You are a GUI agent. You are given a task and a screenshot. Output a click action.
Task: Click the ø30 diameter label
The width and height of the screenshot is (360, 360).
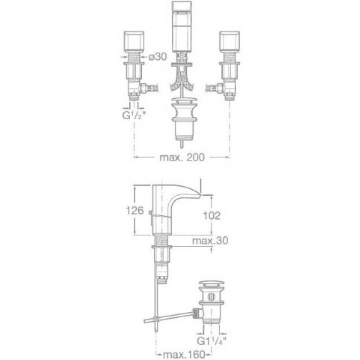[x=158, y=57]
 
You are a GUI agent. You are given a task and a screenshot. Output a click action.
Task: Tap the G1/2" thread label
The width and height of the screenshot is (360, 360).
[x=134, y=116]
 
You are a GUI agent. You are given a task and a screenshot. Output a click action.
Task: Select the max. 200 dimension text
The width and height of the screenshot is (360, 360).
[x=182, y=157]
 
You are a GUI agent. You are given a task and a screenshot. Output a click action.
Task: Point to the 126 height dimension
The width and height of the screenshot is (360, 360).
[x=135, y=210]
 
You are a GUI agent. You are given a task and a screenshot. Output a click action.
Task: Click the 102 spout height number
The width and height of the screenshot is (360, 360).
[x=211, y=216]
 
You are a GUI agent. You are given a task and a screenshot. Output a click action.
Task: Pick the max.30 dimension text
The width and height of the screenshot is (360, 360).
[x=210, y=241]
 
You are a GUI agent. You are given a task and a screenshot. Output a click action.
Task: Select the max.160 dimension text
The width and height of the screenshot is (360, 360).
[x=184, y=355]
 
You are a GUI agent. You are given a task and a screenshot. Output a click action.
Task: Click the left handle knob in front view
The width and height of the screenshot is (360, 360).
[x=134, y=41]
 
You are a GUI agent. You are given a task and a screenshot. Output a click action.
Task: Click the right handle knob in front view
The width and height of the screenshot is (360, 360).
[x=229, y=41]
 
